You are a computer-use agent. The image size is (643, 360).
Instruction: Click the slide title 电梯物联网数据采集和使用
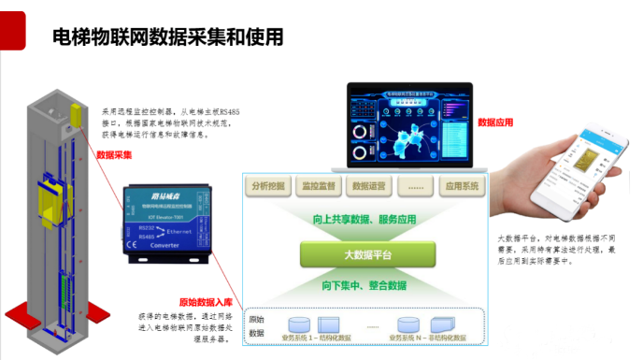pyautogui.click(x=167, y=37)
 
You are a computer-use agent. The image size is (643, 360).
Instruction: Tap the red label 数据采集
pyautogui.click(x=114, y=155)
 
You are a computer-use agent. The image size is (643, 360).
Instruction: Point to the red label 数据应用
pyautogui.click(x=496, y=122)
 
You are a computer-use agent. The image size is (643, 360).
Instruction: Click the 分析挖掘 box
pyautogui.click(x=272, y=186)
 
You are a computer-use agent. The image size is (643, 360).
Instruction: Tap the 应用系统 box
pyautogui.click(x=462, y=186)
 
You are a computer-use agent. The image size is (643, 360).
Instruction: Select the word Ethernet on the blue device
pyautogui.click(x=179, y=229)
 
